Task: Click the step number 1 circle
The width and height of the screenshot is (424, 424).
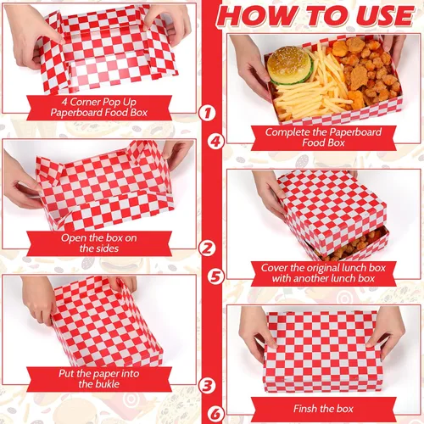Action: tap(208, 113)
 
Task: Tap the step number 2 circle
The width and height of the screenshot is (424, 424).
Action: tap(208, 248)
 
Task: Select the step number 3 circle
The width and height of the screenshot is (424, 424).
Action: tap(208, 385)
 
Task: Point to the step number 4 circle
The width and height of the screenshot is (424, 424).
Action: tap(215, 141)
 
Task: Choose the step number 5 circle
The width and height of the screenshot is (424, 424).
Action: tap(215, 276)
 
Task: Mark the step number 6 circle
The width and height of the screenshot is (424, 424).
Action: tap(215, 414)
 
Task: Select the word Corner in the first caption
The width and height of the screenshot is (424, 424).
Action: tap(85, 102)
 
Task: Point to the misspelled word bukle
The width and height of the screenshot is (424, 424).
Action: tap(107, 384)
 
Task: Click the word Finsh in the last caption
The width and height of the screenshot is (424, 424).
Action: tap(305, 409)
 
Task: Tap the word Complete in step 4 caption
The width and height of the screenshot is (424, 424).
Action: tap(287, 132)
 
